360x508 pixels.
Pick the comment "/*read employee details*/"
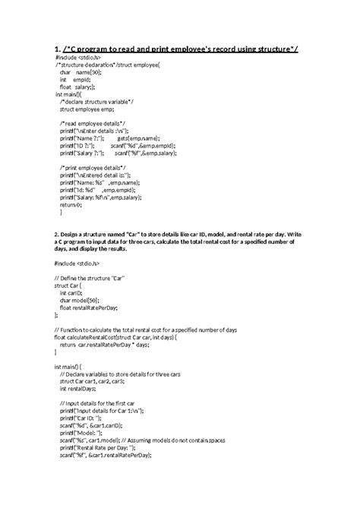coord(87,122)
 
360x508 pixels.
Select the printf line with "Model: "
coord(84,431)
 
